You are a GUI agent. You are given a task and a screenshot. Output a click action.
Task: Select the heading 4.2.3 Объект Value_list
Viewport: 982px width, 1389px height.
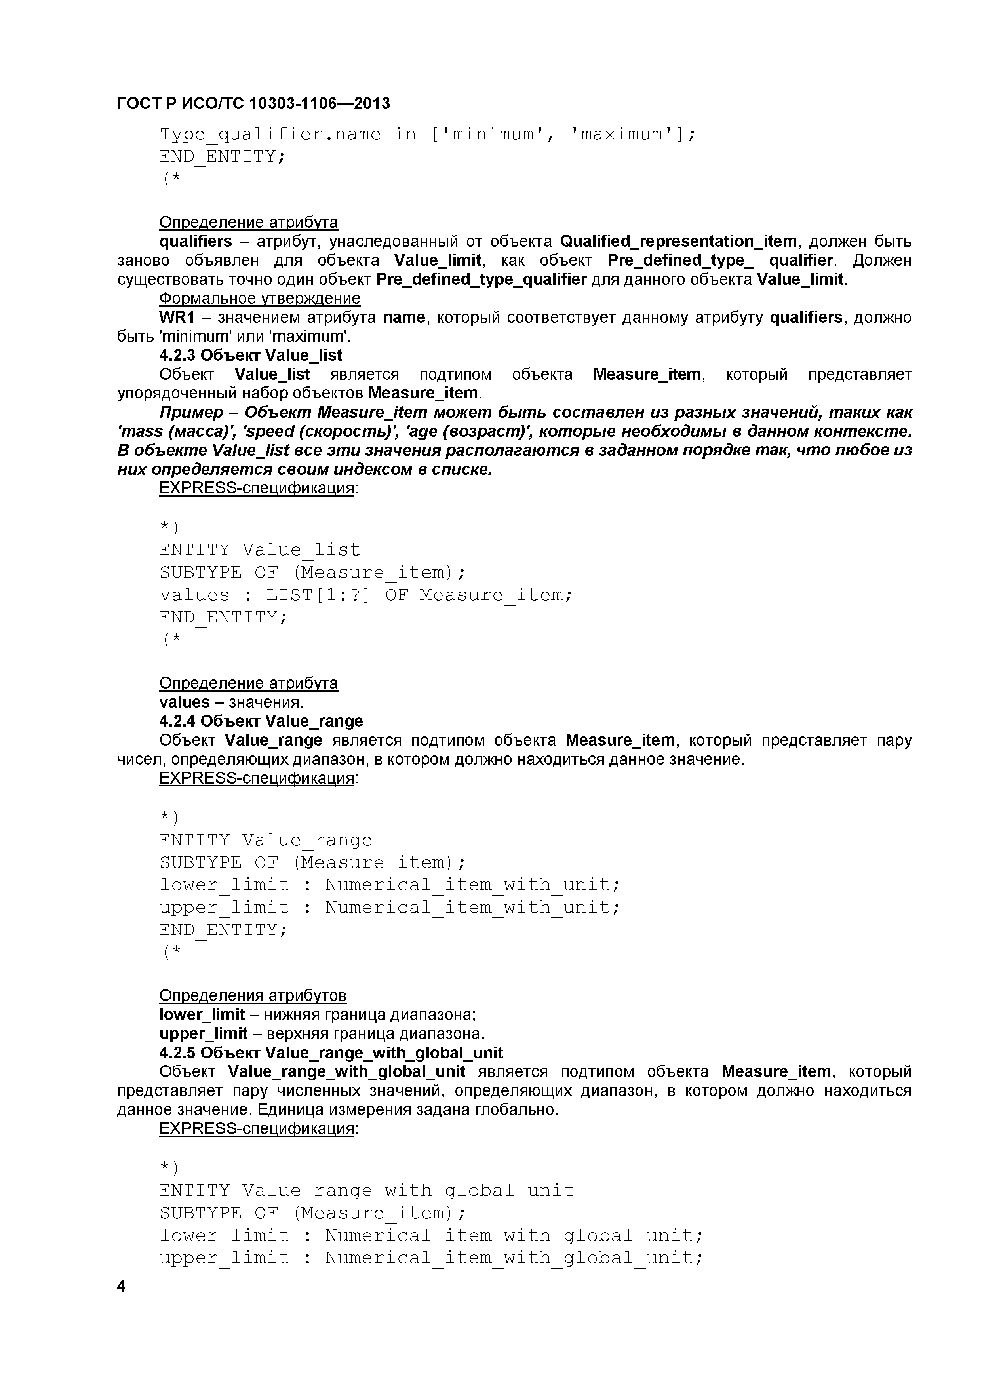point(251,355)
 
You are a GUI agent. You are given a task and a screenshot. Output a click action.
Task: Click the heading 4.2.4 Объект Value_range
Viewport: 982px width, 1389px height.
point(261,721)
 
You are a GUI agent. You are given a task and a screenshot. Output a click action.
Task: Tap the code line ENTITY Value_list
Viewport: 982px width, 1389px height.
point(260,550)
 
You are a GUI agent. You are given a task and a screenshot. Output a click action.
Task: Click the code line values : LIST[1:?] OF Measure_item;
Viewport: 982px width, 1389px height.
point(365,595)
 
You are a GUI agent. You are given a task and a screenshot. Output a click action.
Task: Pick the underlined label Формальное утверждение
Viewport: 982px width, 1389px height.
point(260,298)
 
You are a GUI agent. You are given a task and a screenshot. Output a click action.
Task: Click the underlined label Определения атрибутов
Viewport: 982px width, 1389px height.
point(253,996)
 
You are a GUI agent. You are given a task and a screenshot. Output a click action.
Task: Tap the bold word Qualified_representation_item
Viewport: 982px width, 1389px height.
point(678,242)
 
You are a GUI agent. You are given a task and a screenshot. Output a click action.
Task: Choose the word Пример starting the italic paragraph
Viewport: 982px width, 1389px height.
point(191,413)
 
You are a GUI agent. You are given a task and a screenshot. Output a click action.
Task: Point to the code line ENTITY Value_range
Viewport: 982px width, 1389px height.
point(266,840)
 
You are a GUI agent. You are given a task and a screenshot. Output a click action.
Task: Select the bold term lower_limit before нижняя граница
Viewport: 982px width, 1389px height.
point(202,1014)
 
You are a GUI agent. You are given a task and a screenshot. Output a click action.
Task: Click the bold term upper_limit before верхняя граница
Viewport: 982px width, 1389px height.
point(203,1034)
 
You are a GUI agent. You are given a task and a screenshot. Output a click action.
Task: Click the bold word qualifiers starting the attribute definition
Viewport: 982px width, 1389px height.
point(196,242)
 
